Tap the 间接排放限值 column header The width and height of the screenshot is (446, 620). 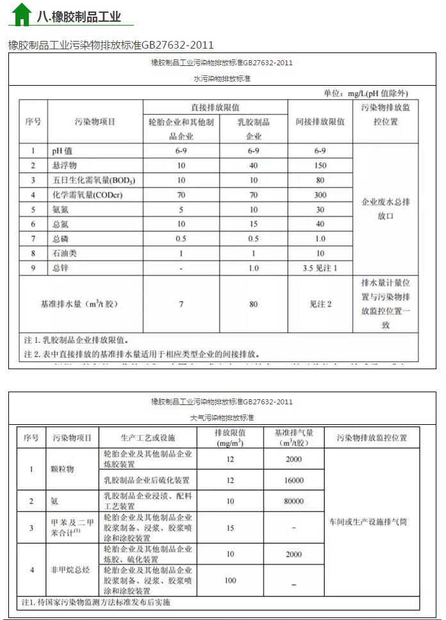[320, 122]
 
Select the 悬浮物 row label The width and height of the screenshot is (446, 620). [65, 165]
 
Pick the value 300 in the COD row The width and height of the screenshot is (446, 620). [320, 195]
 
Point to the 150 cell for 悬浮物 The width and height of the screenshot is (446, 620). [320, 165]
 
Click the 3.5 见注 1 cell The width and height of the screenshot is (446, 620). [320, 268]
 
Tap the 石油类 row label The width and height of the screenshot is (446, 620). [65, 253]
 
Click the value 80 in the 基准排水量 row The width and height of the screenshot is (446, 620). [254, 305]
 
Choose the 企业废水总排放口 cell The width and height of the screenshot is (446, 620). [386, 209]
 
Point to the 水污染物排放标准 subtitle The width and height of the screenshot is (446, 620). [222, 78]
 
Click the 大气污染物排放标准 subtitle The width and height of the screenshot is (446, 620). [222, 417]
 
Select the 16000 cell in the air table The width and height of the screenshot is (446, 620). [293, 480]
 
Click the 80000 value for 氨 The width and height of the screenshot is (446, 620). [293, 501]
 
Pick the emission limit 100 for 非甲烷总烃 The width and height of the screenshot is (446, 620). [230, 580]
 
